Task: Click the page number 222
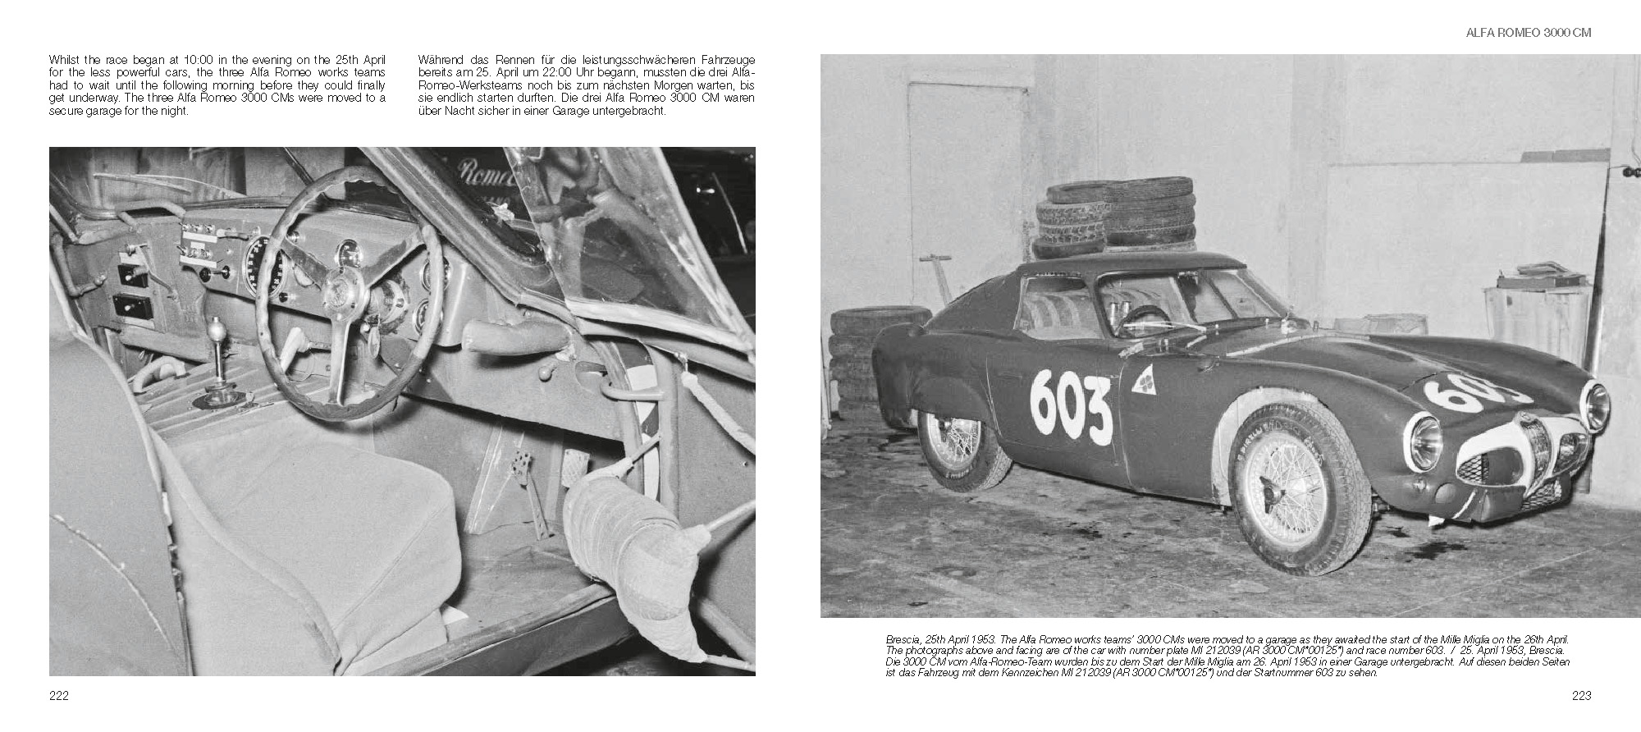(x=58, y=696)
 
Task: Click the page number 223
(x=1581, y=696)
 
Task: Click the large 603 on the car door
(x=1070, y=406)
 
